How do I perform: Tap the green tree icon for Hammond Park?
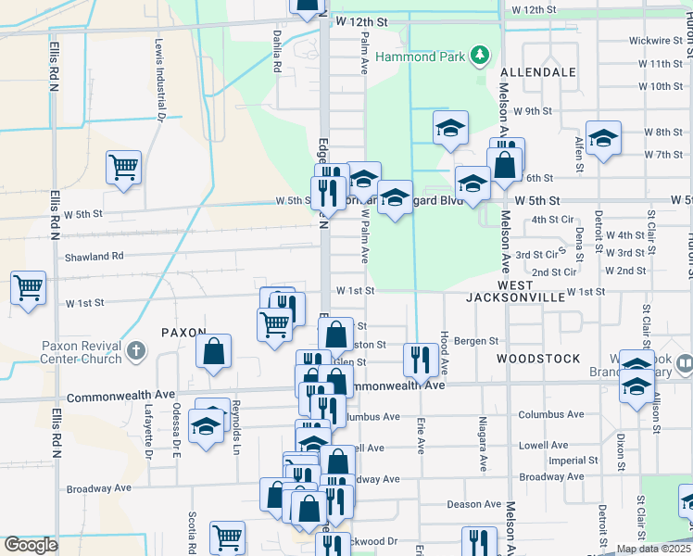[480, 56]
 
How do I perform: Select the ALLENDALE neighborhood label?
[538, 71]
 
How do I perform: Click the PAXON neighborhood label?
[182, 331]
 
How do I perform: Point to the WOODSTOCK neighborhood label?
[538, 358]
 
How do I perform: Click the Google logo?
[31, 545]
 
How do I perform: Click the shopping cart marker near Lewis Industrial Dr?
[123, 168]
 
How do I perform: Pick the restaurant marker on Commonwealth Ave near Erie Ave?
[421, 359]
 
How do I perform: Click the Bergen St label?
[479, 341]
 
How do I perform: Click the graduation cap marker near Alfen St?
[603, 139]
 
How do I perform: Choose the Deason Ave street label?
[473, 504]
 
